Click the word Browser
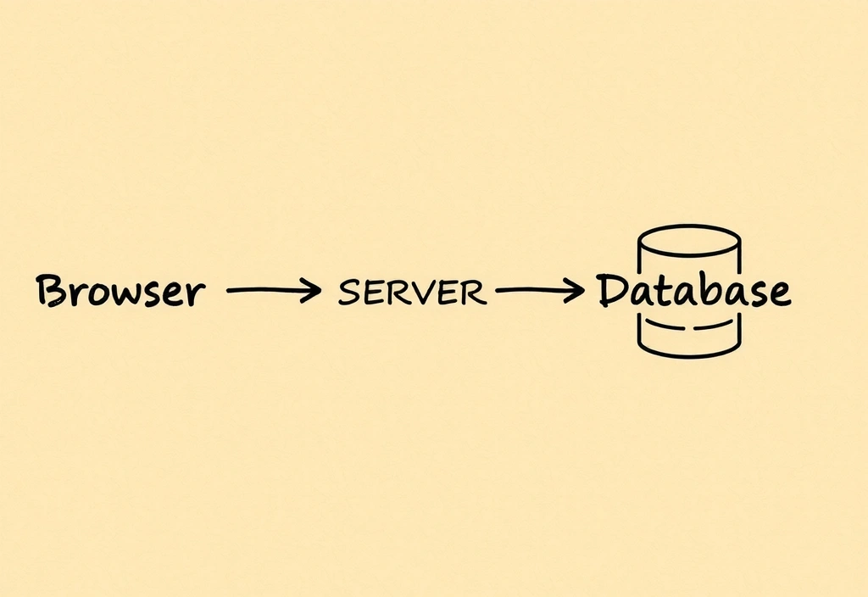point(120,291)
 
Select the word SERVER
point(412,293)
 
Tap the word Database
point(693,291)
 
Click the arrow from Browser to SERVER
point(273,291)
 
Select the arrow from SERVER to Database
point(539,291)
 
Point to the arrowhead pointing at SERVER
point(314,291)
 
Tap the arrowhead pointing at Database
point(578,291)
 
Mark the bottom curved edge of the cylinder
point(689,352)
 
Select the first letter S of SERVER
point(348,293)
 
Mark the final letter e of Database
point(778,293)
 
